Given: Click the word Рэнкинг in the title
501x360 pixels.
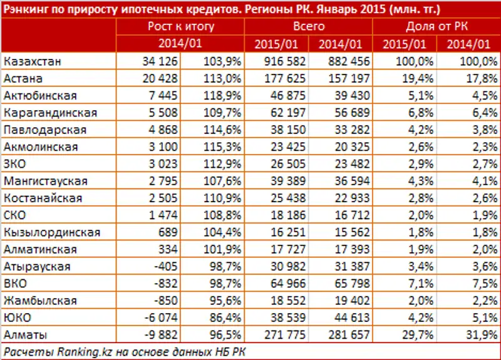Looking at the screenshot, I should click(27, 9).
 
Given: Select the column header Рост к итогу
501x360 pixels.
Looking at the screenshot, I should click(181, 26).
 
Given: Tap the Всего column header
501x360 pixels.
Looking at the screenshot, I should click(309, 26).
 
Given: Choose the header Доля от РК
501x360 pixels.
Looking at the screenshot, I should click(436, 26).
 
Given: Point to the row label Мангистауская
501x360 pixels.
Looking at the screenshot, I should click(45, 181).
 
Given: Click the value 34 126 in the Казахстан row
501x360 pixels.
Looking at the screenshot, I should click(161, 61).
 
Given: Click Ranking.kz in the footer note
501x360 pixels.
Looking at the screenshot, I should click(76, 351).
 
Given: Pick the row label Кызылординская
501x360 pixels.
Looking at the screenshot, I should click(51, 232).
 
